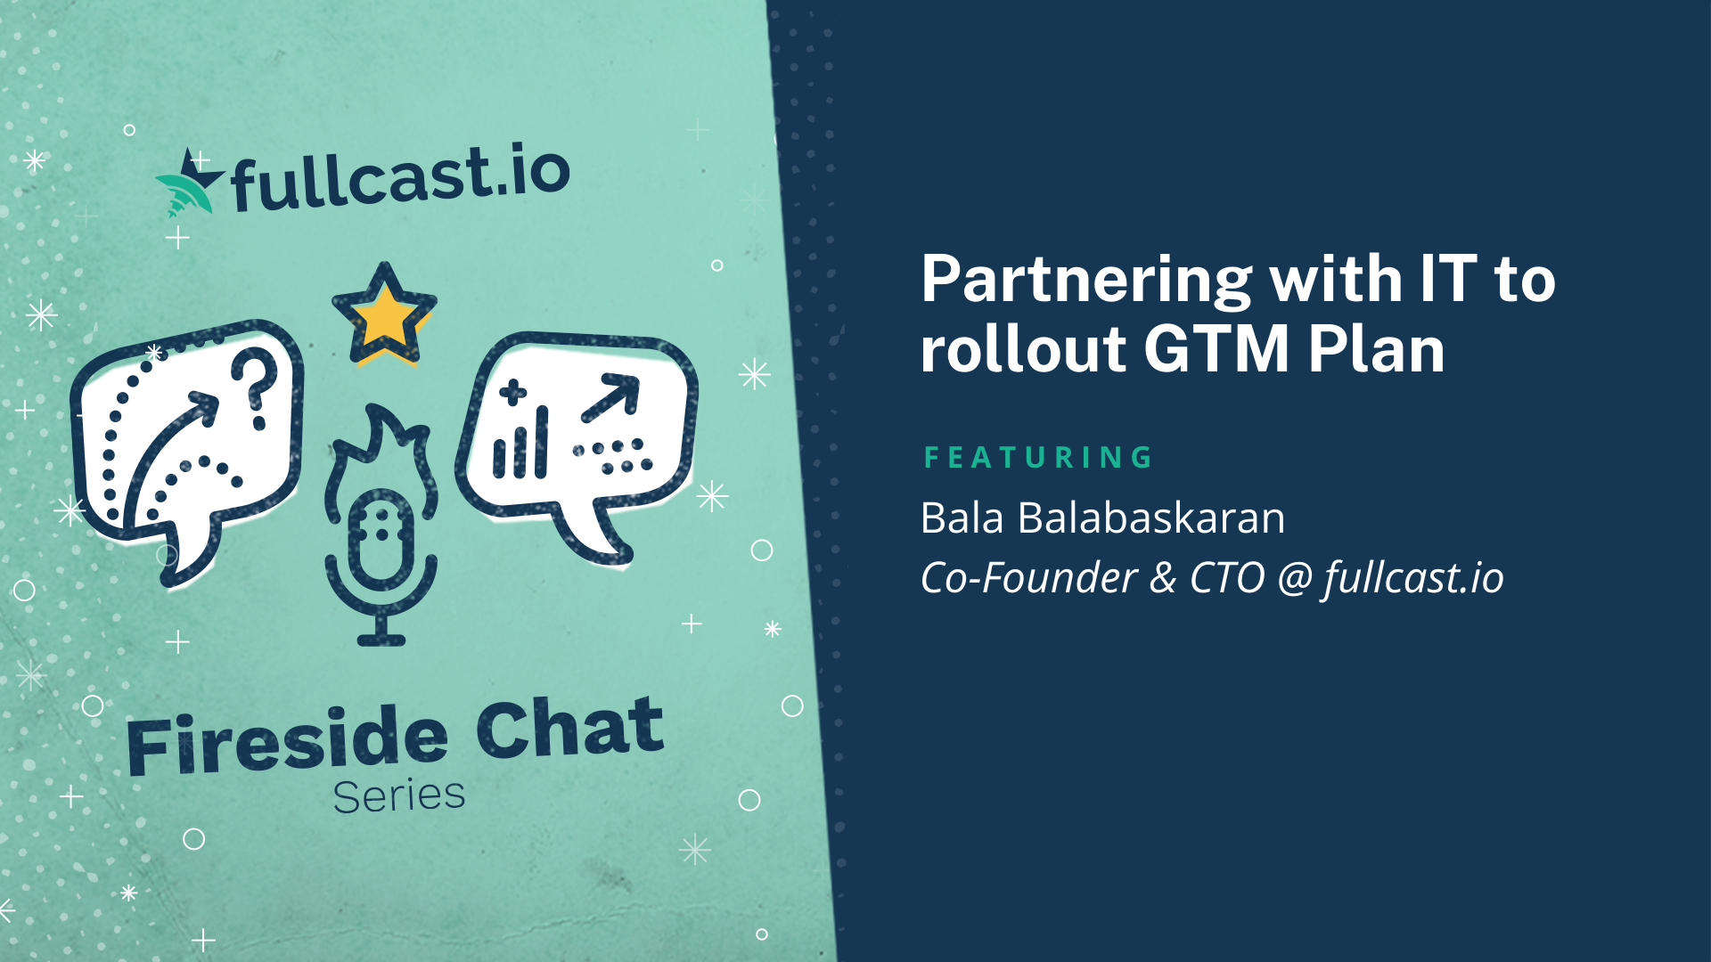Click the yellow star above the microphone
pos(384,314)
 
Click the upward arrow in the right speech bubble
pos(611,398)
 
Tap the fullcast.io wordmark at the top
pos(400,178)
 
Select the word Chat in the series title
pos(570,728)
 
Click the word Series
pos(399,795)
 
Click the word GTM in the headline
pos(1217,348)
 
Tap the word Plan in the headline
pos(1377,348)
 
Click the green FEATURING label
pos(1038,458)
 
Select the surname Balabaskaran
pos(1151,518)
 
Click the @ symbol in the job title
pos(1295,578)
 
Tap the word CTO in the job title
pos(1227,578)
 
